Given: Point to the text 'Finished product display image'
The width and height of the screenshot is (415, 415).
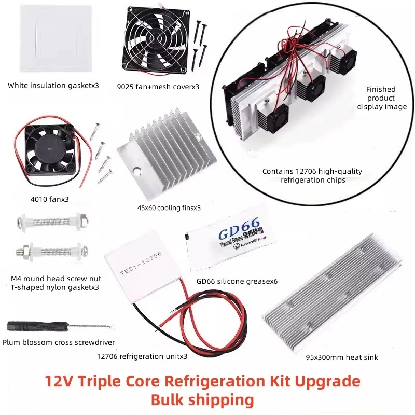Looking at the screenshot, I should coord(382,98).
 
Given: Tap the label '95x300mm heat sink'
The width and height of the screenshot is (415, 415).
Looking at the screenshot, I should coord(342,357).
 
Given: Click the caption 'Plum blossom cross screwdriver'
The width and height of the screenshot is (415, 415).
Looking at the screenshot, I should coord(59,342).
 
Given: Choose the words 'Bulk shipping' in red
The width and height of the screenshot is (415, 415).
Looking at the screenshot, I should coord(202,400).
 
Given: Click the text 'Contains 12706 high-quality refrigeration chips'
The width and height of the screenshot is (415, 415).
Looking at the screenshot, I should coord(312,176).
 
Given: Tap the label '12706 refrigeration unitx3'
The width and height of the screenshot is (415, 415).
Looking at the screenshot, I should coord(142,356).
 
